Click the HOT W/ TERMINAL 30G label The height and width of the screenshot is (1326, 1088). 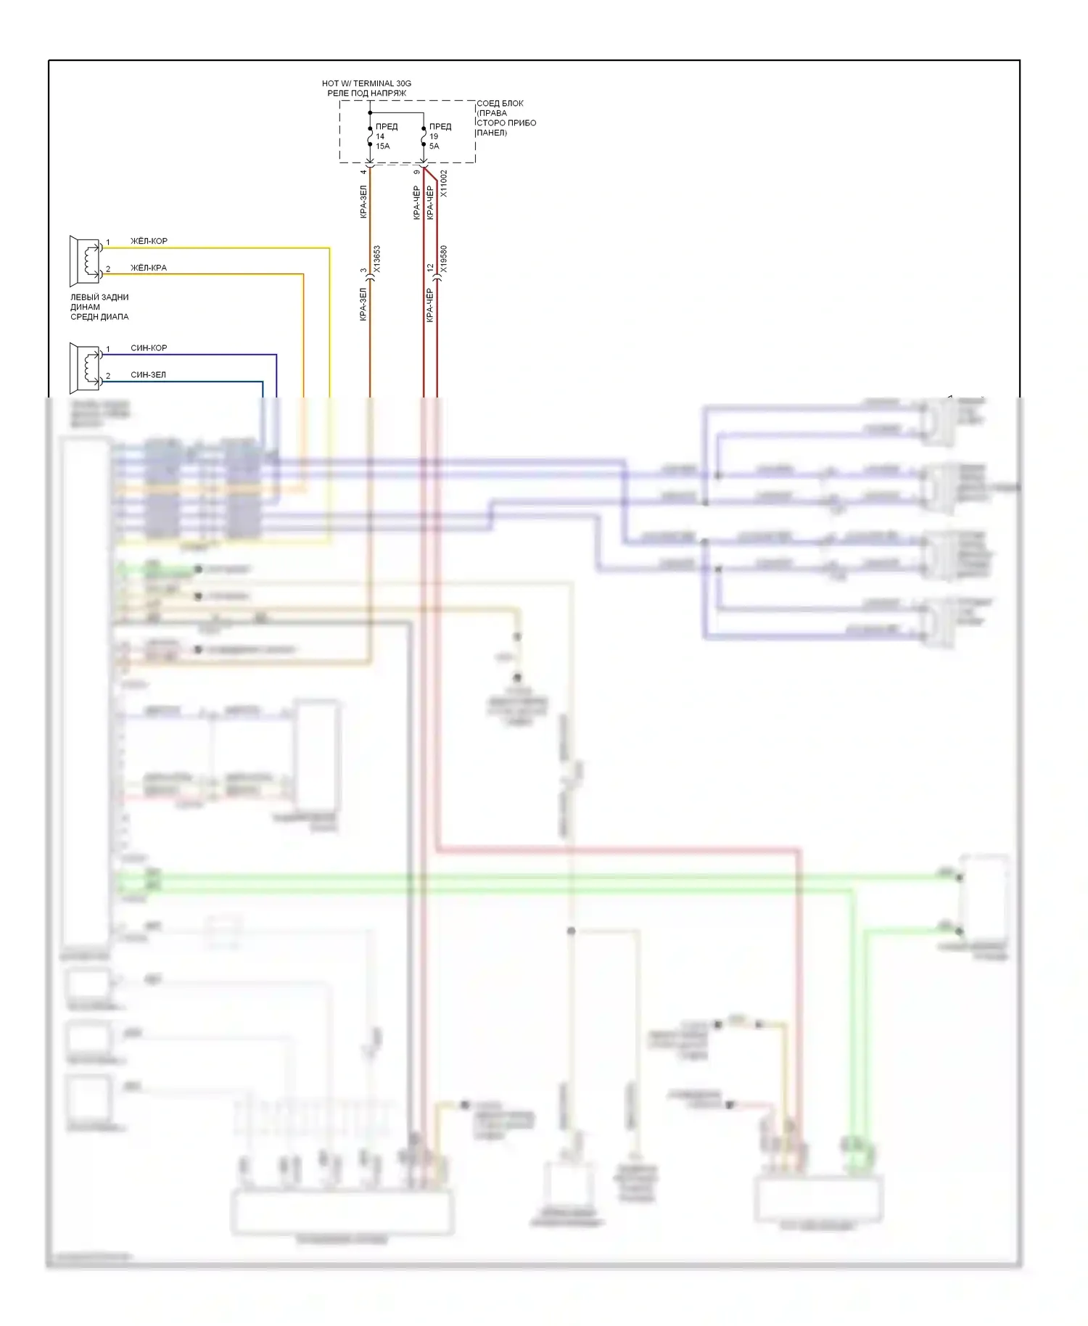[366, 83]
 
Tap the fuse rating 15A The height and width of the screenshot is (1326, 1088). [383, 147]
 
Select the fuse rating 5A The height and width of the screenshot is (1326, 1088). [434, 147]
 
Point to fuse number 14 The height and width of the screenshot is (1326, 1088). [380, 136]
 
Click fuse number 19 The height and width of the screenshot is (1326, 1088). [434, 136]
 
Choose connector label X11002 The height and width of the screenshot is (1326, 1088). [444, 184]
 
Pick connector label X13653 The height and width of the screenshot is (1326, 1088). [376, 259]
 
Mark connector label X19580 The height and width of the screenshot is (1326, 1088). [444, 259]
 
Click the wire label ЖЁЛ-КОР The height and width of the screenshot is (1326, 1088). [149, 241]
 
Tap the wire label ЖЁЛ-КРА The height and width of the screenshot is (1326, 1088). [149, 268]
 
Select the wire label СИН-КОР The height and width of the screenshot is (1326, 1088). [149, 348]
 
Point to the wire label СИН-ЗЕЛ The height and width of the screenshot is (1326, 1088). [148, 375]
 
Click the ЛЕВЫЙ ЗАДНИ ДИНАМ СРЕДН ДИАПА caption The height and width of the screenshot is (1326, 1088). [99, 307]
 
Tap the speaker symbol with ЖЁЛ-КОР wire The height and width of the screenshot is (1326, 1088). [86, 260]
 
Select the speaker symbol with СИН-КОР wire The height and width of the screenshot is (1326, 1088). [86, 367]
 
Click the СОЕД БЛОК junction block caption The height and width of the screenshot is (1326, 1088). [506, 118]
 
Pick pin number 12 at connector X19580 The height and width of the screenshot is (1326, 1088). [430, 268]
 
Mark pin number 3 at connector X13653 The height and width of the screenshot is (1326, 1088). [363, 271]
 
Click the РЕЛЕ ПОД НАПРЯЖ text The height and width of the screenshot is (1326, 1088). [366, 94]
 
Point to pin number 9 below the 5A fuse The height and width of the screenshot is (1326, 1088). [416, 172]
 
